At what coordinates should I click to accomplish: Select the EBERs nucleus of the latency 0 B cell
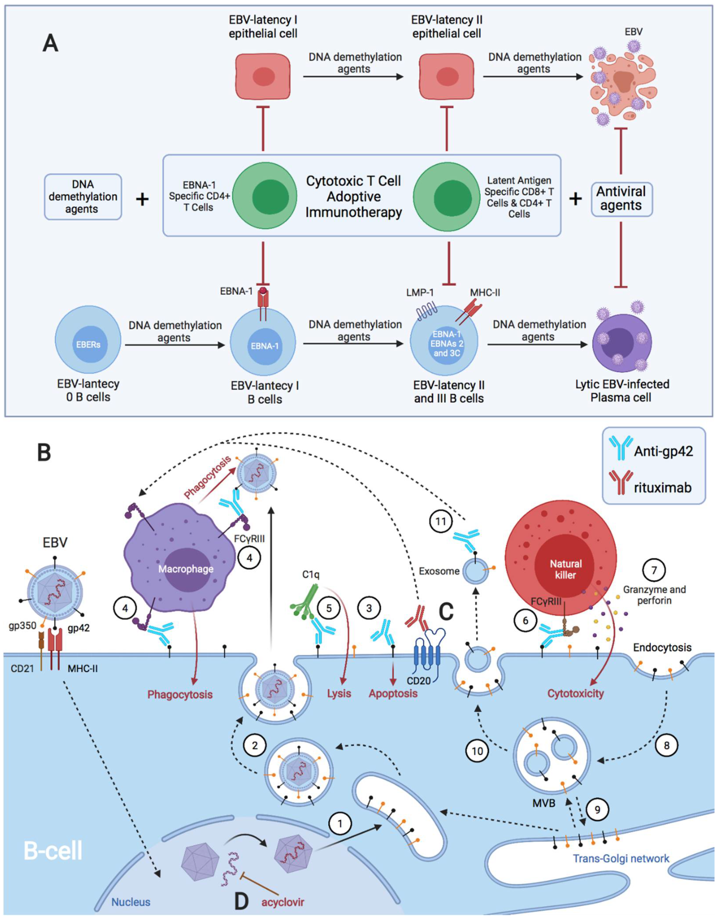click(88, 344)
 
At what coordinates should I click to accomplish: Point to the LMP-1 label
click(420, 292)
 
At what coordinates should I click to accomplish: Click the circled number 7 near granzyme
click(654, 570)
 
